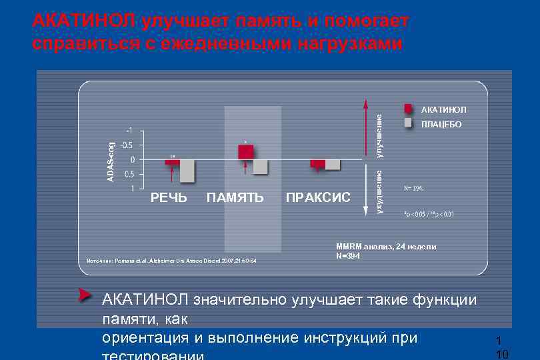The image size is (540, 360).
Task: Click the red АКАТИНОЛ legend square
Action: (409, 109)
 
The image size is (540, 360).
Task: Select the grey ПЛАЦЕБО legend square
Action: (409, 123)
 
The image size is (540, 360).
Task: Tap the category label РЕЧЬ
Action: (169, 197)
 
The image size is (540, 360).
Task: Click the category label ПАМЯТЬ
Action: (235, 197)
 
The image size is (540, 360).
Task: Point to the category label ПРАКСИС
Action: (318, 197)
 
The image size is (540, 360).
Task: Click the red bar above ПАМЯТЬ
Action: (245, 152)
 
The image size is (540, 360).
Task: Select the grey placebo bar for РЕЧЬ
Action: (187, 171)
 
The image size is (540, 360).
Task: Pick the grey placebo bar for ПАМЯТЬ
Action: (260, 167)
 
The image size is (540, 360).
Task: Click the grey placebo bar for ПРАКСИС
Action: (333, 165)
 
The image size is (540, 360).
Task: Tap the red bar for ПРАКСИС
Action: (317, 164)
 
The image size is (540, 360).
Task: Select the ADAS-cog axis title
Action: (111, 160)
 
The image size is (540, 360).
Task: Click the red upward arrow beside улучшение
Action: (365, 127)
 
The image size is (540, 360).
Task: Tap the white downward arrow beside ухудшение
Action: (365, 190)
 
